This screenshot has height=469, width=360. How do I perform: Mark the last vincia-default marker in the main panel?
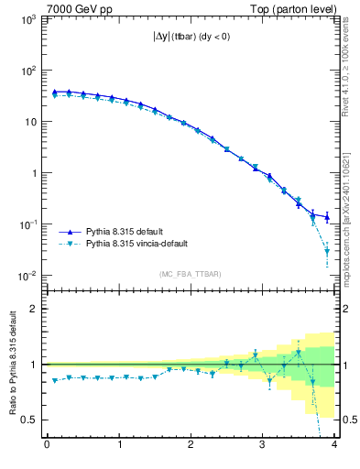click(327, 265)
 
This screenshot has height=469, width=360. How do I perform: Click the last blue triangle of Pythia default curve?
click(327, 217)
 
